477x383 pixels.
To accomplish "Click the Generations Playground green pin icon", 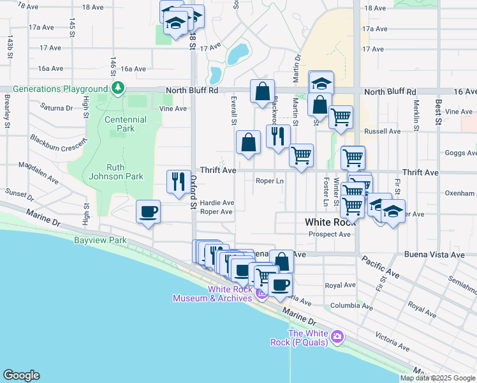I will click(x=117, y=88).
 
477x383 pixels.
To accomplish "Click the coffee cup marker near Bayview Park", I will click(x=149, y=211).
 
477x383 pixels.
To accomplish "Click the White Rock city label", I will click(x=330, y=222).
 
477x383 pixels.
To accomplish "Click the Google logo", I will click(x=21, y=375).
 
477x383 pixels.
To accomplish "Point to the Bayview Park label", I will click(x=100, y=241).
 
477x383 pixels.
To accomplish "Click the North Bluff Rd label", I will click(x=192, y=91).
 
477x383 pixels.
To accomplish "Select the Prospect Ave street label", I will click(x=330, y=234).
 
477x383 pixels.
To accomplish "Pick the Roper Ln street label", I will click(x=269, y=181).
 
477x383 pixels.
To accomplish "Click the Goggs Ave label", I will click(x=462, y=153).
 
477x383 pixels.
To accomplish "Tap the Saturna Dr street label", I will click(x=57, y=107).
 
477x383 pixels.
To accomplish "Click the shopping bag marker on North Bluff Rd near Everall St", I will click(x=262, y=92).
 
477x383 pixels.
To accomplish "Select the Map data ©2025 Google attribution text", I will click(x=437, y=378).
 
